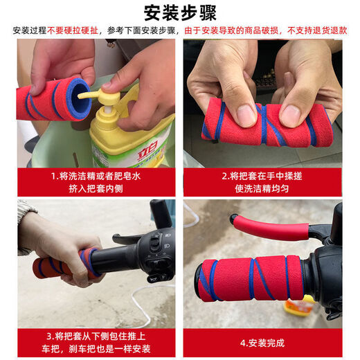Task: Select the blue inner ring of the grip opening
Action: [78, 96]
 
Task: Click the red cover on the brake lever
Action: [270, 226]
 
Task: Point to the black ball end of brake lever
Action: [234, 219]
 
